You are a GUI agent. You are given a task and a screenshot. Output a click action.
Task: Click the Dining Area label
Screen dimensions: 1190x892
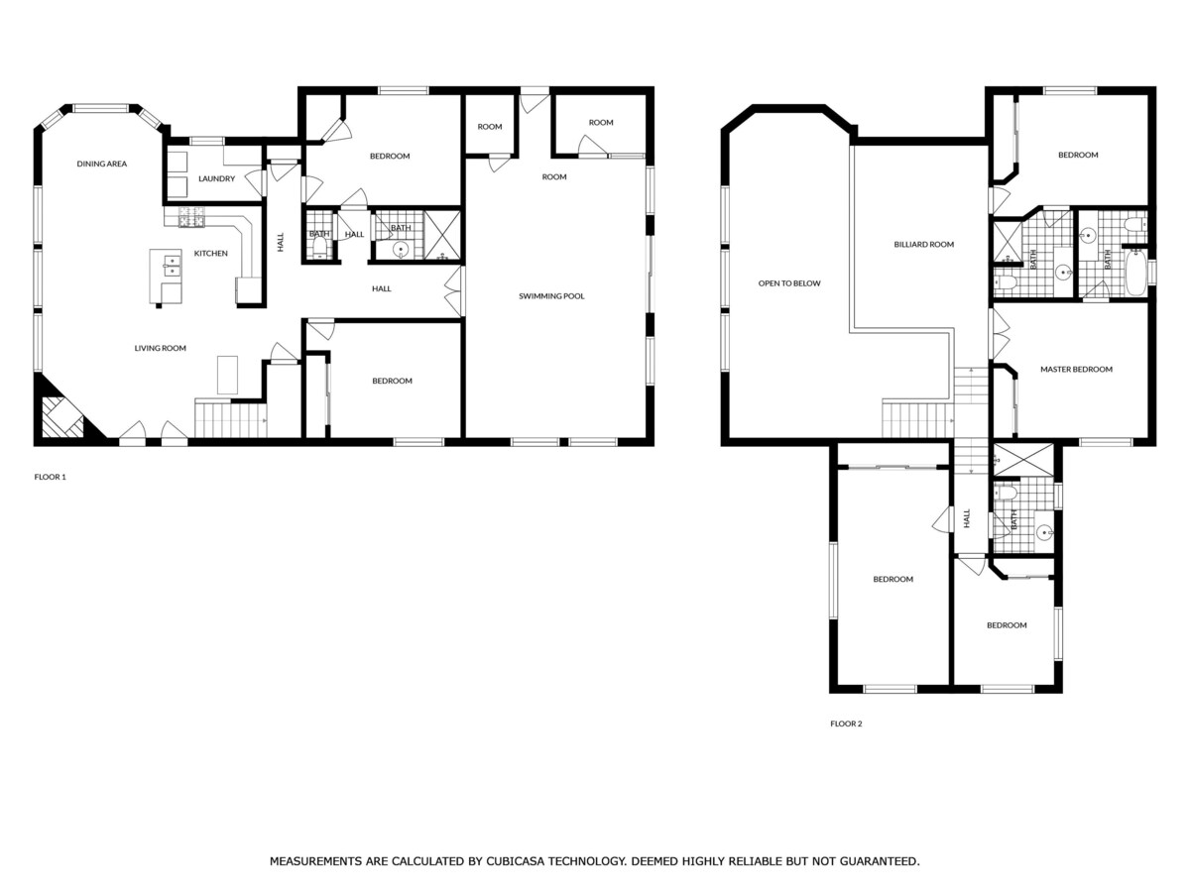point(101,164)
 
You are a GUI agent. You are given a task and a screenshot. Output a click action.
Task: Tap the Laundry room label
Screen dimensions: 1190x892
point(216,178)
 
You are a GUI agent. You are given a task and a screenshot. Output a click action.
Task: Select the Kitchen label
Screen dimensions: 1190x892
point(211,253)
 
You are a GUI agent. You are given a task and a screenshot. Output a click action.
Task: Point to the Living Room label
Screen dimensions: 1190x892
point(160,348)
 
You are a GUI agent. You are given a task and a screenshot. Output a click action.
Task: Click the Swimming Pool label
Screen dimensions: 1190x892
point(551,296)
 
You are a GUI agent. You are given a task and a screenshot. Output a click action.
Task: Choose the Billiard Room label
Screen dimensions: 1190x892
point(924,244)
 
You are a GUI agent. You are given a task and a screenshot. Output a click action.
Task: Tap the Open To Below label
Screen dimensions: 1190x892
point(789,283)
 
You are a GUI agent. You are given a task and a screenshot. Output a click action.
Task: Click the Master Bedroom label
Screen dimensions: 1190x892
point(1076,370)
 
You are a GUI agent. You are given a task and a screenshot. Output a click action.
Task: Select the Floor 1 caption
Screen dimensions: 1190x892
point(50,477)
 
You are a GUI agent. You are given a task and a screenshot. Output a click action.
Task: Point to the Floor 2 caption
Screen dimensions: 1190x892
point(846,724)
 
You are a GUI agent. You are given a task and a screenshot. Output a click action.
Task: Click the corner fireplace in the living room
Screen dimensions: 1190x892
point(62,417)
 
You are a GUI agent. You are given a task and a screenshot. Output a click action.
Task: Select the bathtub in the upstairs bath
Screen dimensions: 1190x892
point(1134,272)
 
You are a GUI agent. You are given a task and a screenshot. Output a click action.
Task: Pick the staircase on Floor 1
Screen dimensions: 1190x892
point(230,419)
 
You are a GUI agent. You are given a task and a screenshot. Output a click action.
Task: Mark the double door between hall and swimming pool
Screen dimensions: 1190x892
point(454,290)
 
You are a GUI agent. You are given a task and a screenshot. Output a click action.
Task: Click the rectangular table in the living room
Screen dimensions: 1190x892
point(227,375)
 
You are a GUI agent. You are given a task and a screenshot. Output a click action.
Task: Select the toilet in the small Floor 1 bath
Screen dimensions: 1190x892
point(319,250)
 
